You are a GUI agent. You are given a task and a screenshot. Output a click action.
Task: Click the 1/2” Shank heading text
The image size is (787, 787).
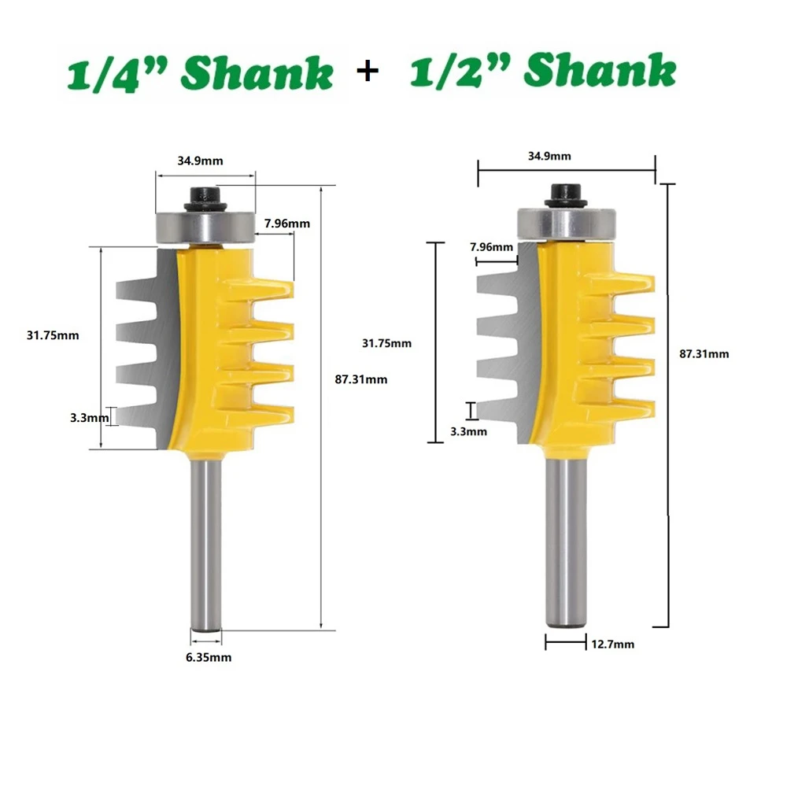tap(543, 72)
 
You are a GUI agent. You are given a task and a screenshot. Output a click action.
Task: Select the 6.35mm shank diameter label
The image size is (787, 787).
tap(209, 657)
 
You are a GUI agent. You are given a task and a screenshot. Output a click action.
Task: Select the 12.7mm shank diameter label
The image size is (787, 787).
tap(611, 645)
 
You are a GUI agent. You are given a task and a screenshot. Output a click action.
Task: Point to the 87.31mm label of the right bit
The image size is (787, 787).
tap(704, 354)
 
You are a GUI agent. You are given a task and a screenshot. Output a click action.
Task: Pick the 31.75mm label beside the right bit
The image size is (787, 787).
tap(386, 343)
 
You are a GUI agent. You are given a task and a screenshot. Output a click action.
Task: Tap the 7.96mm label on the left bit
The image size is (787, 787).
tap(287, 224)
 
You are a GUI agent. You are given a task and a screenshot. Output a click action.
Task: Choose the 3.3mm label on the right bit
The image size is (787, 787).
tap(468, 431)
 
